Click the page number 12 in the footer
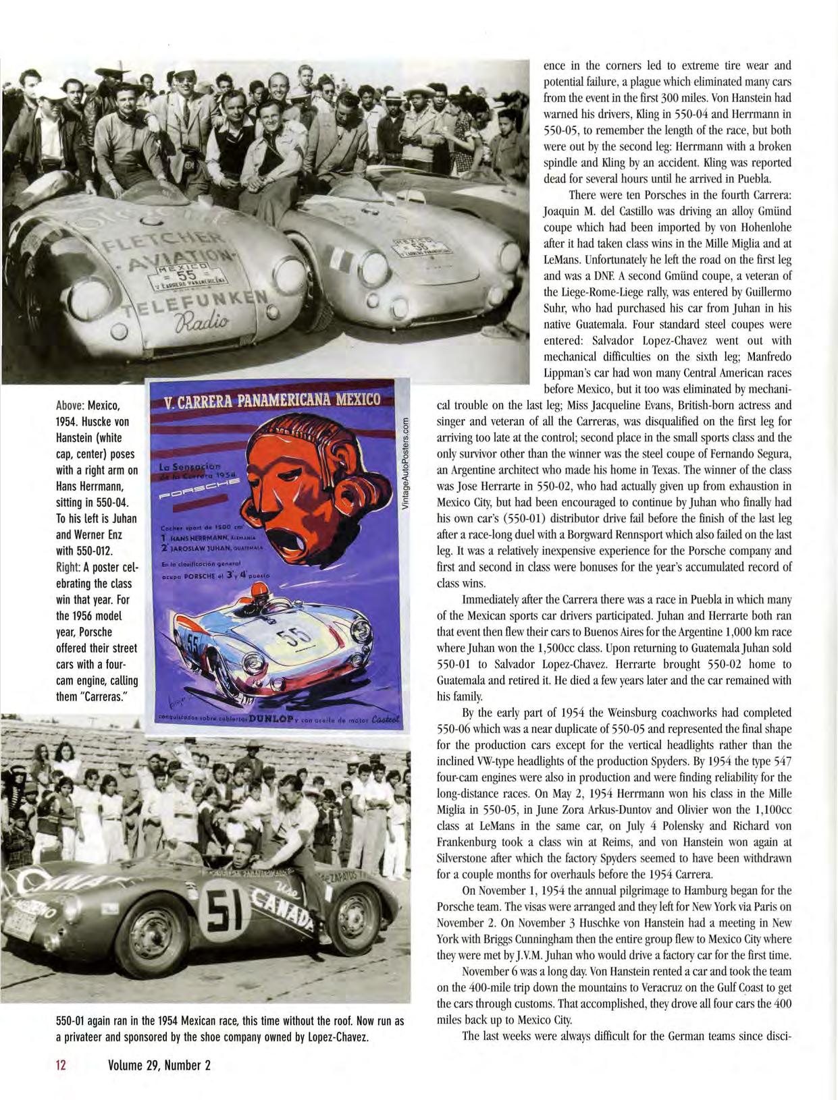(60, 1066)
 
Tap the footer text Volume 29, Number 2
(159, 1066)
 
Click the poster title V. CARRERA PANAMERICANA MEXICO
(273, 401)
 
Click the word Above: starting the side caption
(69, 406)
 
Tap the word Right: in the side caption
(68, 568)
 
